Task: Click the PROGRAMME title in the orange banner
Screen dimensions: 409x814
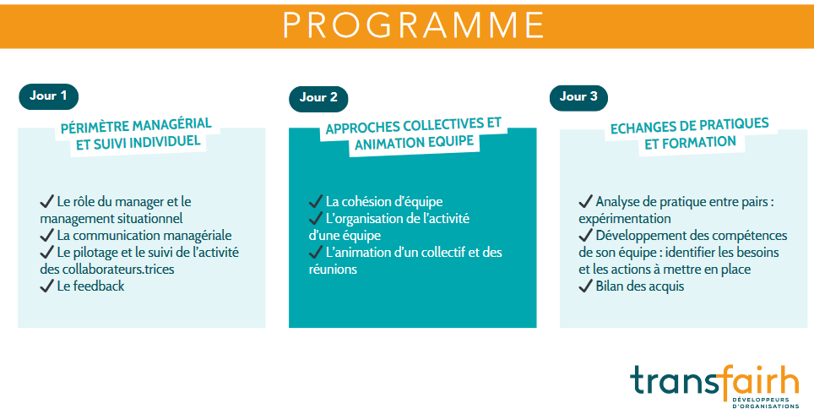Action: [413, 25]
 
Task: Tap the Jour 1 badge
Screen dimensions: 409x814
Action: [48, 95]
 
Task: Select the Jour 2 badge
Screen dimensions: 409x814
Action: [318, 98]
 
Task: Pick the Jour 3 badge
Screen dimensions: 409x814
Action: [578, 97]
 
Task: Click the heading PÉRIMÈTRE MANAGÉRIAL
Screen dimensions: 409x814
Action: [135, 125]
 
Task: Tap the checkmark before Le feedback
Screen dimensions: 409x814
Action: [46, 286]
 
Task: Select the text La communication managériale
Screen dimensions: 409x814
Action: [144, 235]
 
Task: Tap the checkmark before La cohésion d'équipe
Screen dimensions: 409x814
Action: [317, 201]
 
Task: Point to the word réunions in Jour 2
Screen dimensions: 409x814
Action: [333, 269]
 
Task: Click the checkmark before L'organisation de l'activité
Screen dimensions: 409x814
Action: [317, 218]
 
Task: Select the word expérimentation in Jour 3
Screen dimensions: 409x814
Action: [624, 218]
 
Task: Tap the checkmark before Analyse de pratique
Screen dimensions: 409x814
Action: [585, 201]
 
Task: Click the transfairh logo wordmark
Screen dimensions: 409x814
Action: [714, 380]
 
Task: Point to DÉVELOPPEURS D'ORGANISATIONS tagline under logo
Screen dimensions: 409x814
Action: [765, 401]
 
